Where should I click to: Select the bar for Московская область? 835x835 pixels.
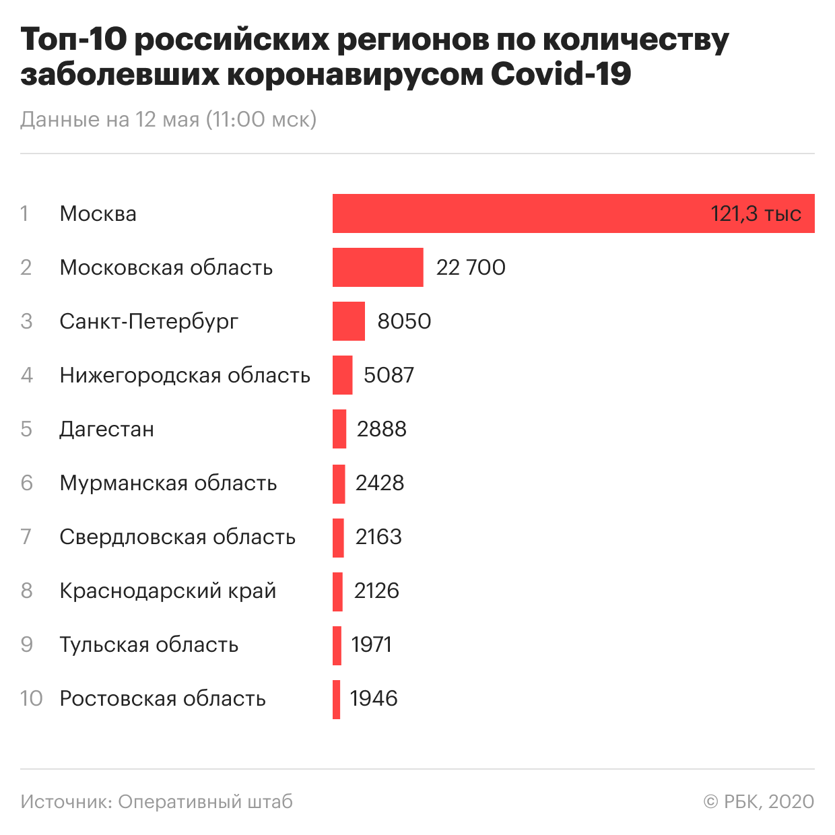pos(378,267)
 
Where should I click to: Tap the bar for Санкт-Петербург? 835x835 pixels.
pos(349,321)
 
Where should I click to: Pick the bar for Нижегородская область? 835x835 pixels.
pos(342,375)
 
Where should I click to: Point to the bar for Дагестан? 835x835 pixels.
pos(339,429)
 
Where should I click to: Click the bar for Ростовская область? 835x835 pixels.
pos(336,699)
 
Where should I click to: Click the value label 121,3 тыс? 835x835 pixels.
pos(756,214)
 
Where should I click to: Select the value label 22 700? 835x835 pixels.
pos(471,267)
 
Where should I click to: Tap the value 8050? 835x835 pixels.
pos(404,321)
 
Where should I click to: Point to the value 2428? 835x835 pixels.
pos(380,483)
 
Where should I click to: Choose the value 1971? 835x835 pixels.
pos(371,644)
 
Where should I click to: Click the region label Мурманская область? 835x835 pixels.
pos(168,483)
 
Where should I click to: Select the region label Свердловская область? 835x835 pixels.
pos(178,537)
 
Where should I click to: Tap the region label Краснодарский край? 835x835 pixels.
pos(168,591)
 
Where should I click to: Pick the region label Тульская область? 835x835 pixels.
pos(149,644)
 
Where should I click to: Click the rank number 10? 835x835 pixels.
pos(31,698)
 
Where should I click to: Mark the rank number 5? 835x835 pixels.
pos(26,429)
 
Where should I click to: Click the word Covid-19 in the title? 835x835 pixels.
pos(561,74)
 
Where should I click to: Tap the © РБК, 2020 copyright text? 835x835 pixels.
pos(758,801)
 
